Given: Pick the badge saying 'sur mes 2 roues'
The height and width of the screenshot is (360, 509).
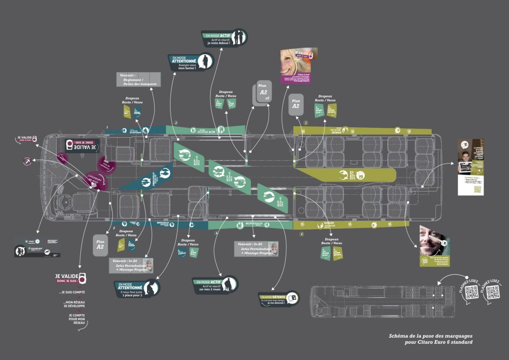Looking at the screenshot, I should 215,285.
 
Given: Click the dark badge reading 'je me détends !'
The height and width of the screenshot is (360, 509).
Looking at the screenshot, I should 279,299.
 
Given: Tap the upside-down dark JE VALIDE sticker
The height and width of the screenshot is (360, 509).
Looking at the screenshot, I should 84,146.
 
